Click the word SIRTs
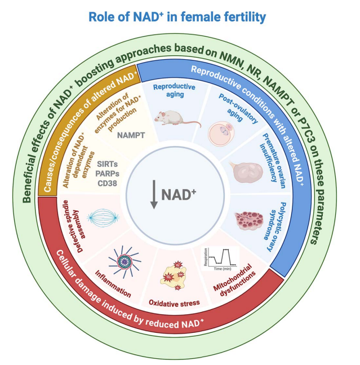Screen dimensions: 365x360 click(110, 165)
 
